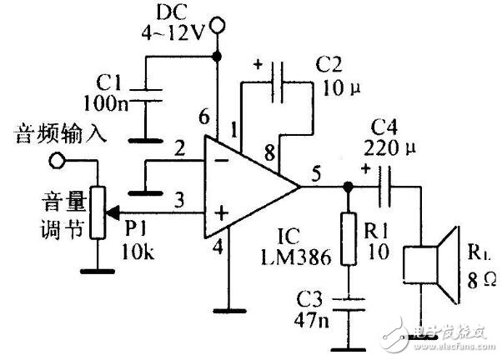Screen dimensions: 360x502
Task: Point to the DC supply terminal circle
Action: click(x=218, y=26)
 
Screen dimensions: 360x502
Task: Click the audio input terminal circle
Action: click(x=56, y=159)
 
